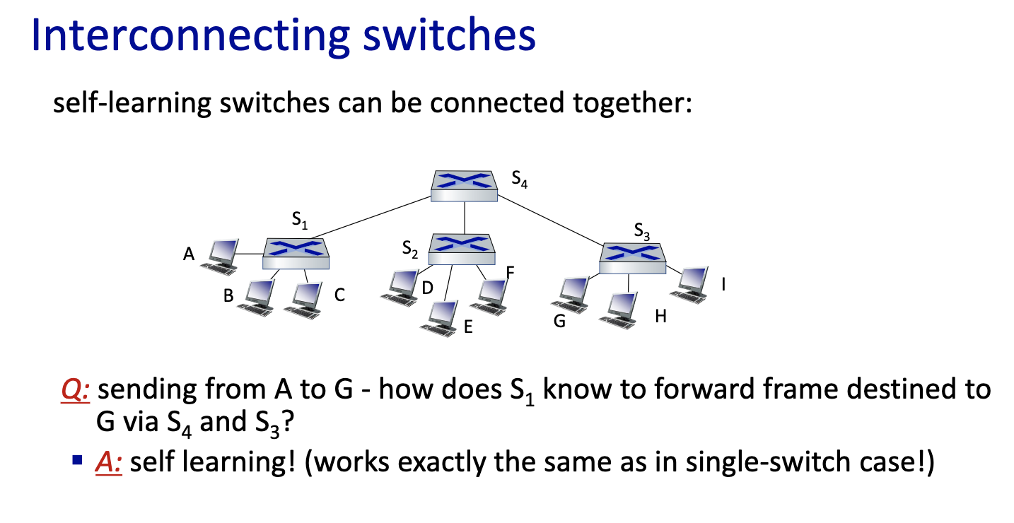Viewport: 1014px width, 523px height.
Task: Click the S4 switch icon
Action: [465, 186]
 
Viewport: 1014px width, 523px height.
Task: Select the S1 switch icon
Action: [296, 252]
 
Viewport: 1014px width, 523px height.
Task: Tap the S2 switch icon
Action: [462, 248]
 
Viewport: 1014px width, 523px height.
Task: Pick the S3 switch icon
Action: [633, 258]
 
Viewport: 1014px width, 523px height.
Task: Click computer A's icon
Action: [220, 256]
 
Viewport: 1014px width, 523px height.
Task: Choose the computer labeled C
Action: [305, 298]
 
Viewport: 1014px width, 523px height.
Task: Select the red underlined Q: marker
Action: [74, 391]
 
